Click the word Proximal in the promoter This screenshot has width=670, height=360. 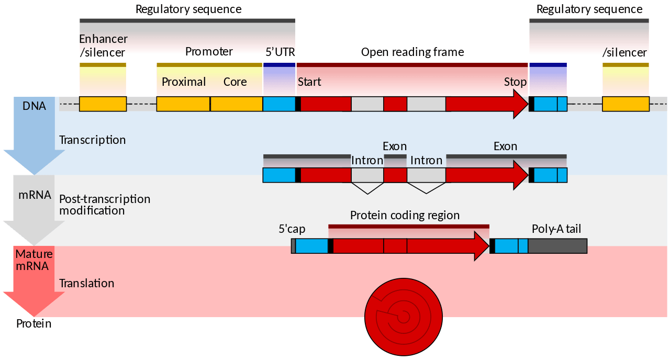point(183,82)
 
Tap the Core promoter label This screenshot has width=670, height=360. point(235,82)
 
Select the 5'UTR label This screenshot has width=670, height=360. point(281,52)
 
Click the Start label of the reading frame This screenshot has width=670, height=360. point(309,82)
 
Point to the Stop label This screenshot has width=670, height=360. point(515,82)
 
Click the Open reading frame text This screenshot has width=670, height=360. point(412,52)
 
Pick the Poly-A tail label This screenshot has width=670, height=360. point(556,229)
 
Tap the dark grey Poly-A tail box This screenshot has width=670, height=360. point(557,246)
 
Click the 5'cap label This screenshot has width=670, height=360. point(292,229)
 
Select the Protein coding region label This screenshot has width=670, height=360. point(405,215)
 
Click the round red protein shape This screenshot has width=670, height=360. point(403,316)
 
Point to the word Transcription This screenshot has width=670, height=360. point(92,140)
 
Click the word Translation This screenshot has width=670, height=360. point(86,283)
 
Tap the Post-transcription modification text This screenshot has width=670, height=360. point(104,205)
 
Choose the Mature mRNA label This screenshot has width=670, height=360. point(34,260)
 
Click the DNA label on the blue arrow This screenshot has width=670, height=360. point(34,106)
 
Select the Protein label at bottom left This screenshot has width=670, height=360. point(33,323)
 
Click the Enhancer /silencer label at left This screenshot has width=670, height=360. point(103,46)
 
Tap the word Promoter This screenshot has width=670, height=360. point(209,51)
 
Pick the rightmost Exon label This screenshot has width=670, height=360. point(505,147)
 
